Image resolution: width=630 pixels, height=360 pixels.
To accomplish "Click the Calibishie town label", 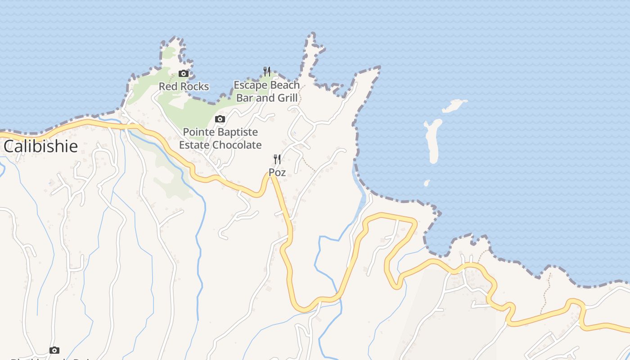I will tap(40, 146).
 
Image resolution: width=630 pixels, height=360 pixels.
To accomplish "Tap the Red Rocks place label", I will tap(184, 86).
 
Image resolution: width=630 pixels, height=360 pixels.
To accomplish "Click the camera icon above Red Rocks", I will tap(183, 74).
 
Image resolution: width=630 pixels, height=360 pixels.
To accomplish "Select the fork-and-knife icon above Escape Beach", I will tap(267, 71).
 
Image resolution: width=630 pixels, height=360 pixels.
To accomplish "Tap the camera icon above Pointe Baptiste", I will tap(220, 119).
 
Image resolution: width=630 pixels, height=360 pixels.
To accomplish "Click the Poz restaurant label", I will tap(277, 172).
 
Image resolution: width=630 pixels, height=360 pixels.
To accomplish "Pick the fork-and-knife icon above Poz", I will tap(277, 159).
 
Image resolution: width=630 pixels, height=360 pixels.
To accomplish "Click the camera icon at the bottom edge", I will tap(54, 350).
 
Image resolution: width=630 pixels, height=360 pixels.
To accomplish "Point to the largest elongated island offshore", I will tap(433, 140).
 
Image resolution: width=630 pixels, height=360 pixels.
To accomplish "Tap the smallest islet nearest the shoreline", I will tap(427, 183).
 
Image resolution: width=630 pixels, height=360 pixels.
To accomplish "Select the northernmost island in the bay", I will tap(454, 106).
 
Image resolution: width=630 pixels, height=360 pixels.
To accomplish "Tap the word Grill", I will tap(287, 98).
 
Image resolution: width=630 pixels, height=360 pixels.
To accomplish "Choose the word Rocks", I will tap(194, 86).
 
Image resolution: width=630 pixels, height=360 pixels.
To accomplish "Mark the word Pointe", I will tap(198, 132).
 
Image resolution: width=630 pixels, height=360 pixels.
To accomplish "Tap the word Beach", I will tap(284, 85).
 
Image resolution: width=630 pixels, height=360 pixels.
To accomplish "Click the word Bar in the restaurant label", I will tap(246, 98).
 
